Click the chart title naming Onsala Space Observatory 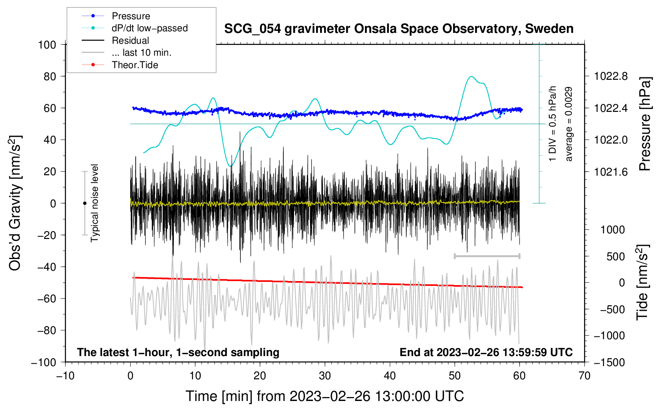(399, 29)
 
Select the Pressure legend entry (131, 16)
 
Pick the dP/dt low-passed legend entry (149, 28)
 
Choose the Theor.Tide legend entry (135, 65)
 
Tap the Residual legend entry (130, 40)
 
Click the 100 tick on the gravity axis (47, 45)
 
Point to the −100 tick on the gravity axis (44, 362)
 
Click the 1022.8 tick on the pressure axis (611, 76)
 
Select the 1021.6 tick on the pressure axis (611, 172)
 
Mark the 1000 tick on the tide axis (613, 230)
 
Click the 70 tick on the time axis (584, 376)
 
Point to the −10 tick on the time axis (65, 376)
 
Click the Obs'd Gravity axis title (15, 203)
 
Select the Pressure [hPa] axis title (645, 124)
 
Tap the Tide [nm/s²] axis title (642, 282)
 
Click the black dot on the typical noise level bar (85, 203)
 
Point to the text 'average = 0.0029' (569, 124)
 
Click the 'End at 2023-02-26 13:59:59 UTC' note (486, 352)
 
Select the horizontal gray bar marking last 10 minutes (487, 256)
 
